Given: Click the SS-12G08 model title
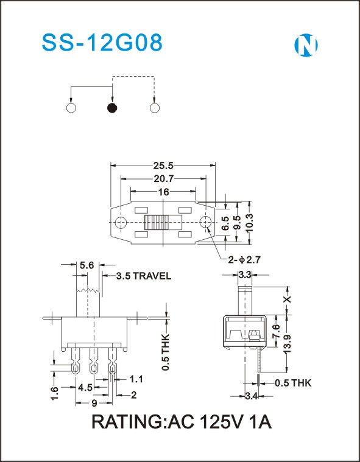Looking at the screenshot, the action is tap(102, 43).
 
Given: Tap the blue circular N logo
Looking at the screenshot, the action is tap(306, 45).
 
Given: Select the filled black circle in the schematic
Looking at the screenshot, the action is tap(112, 108).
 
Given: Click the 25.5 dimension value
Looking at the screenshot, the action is tap(163, 166).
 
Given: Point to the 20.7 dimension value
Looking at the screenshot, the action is tap(164, 178).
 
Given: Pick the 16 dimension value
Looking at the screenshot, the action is tap(164, 192).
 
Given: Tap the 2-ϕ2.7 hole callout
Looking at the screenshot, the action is tap(243, 259).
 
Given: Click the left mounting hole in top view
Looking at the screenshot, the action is tap(121, 222).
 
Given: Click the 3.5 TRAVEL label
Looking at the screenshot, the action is tap(143, 276).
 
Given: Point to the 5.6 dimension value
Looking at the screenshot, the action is tap(86, 265).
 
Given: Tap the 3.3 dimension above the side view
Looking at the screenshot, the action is tap(245, 275).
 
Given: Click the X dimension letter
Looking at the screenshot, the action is tap(287, 299).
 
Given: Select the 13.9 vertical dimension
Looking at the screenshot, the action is tap(287, 344).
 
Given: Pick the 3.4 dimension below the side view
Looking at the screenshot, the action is tap(252, 396).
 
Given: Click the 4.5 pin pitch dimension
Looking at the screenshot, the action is tap(85, 388).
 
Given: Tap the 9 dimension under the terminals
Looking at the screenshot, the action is tap(94, 403).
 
